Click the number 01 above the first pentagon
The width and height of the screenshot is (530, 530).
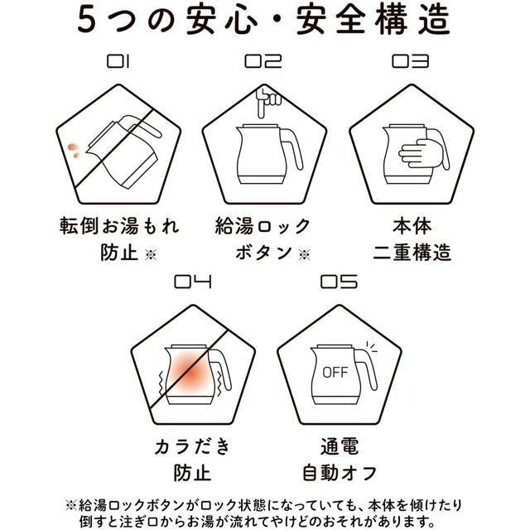118,62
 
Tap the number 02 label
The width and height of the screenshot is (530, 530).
263,62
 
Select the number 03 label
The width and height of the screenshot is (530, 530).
411,62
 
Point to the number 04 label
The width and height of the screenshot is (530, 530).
193,282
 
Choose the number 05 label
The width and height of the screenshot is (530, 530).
339,282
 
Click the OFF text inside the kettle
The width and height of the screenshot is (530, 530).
335,373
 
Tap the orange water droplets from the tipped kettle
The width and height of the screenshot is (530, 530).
75,151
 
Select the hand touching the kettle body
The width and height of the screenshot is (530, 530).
422,153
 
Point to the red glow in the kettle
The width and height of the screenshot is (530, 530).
190,372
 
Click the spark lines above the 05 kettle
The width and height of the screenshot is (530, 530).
372,347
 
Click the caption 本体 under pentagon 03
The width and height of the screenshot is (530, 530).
412,226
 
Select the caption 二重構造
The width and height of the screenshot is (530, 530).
412,252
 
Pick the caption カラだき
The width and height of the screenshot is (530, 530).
193,446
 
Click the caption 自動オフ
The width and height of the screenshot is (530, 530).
339,473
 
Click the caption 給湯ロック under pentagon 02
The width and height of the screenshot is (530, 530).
263,226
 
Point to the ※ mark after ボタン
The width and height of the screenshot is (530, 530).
304,254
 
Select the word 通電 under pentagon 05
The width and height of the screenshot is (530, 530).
339,446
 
